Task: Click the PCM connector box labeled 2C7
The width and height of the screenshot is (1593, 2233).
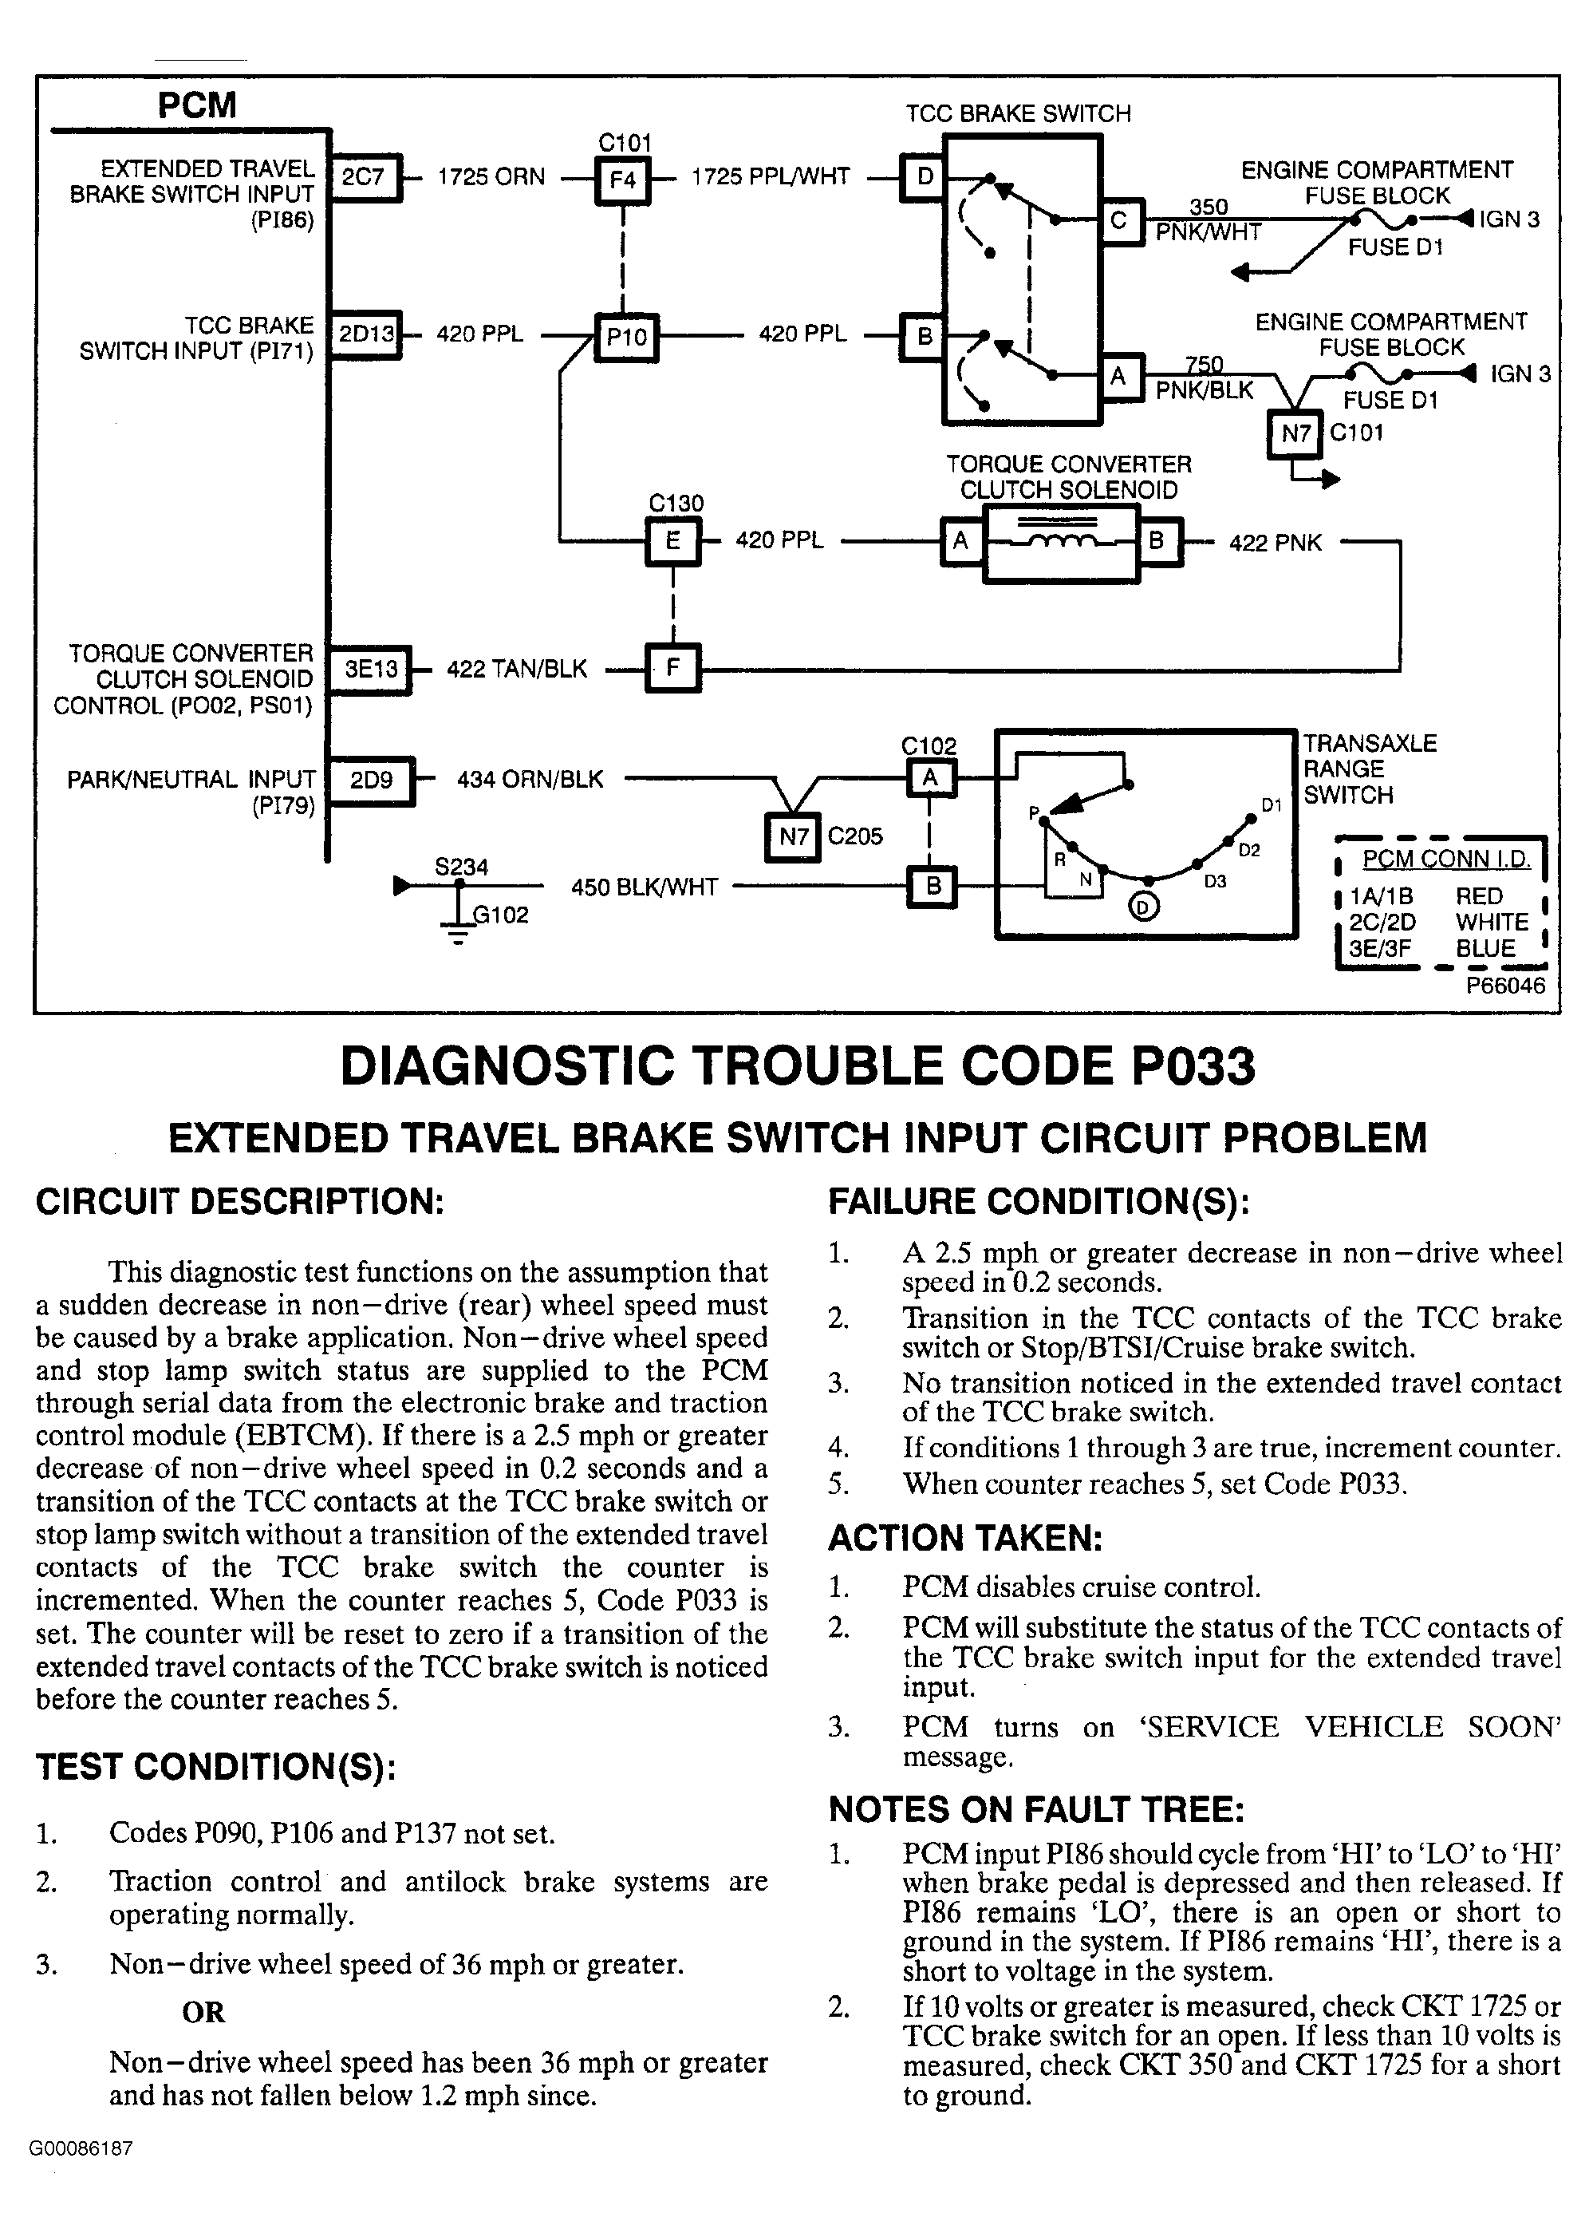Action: pos(364,178)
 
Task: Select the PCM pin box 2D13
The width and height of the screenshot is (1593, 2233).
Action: pos(366,334)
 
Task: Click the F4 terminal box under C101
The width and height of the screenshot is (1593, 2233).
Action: pos(623,180)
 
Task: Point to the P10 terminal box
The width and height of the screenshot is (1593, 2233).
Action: pos(627,338)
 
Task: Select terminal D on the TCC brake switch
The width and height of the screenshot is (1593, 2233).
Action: pos(924,178)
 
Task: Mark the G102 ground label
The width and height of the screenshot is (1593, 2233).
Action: pos(500,915)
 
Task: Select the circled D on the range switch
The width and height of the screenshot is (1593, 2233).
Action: pos(1144,906)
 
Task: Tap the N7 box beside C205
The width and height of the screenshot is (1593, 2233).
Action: pos(793,837)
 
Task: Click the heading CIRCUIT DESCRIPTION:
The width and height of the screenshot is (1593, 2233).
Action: pos(239,1201)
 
